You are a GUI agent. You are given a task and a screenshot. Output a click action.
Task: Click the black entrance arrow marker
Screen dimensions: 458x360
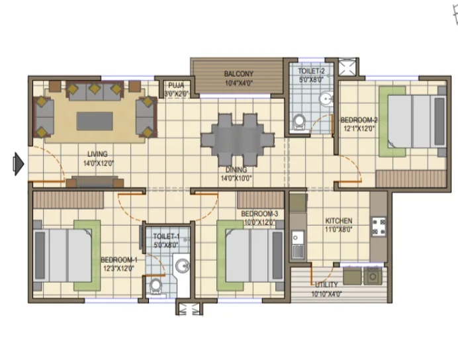click(19, 164)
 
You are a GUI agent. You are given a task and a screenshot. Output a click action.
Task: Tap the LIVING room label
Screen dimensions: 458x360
click(97, 154)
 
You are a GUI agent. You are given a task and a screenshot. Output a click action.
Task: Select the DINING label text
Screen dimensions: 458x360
click(236, 169)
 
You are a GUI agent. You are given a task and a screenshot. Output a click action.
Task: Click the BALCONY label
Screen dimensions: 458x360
click(239, 74)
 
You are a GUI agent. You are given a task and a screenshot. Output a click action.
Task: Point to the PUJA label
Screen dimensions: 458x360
click(176, 85)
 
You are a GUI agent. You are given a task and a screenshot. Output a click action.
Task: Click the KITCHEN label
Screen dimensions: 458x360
click(339, 221)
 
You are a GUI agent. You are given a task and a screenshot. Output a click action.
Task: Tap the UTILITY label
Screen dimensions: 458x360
click(326, 285)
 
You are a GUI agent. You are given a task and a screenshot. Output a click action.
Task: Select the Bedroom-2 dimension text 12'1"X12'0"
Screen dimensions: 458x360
click(359, 128)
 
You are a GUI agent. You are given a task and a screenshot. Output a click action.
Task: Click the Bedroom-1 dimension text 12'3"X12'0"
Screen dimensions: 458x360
click(118, 268)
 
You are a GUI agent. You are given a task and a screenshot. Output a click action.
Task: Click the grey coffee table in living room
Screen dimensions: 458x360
click(95, 121)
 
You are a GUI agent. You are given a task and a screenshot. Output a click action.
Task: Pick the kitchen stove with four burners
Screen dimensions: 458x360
click(379, 226)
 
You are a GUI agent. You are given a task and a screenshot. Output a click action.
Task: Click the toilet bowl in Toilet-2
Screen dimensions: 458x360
click(299, 122)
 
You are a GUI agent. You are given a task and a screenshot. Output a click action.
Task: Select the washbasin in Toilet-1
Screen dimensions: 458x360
click(182, 266)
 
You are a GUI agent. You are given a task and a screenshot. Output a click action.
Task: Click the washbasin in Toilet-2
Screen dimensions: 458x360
click(326, 99)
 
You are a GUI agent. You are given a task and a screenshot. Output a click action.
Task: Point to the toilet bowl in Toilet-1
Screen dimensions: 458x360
click(155, 287)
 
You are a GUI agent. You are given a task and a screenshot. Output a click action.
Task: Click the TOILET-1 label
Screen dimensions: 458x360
click(166, 236)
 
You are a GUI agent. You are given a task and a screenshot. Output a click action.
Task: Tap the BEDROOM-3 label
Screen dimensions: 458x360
click(259, 214)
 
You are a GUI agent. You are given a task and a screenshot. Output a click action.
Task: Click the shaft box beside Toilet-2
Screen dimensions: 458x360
click(347, 67)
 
